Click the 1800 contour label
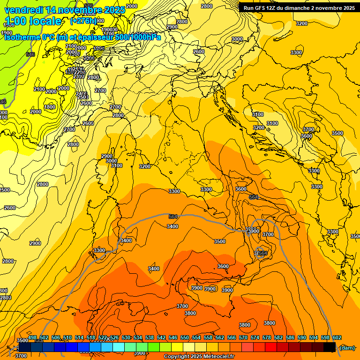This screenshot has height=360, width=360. click(x=50, y=107)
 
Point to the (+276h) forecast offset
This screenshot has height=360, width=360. click(x=83, y=21)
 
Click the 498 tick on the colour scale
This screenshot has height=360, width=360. click(x=32, y=338)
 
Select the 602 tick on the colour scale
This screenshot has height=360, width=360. click(x=337, y=338)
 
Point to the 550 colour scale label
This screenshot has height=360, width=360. click(x=184, y=338)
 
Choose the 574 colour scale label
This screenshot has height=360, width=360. click(x=255, y=338)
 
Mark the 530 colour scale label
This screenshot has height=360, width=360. click(x=126, y=338)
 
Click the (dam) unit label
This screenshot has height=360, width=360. click(x=347, y=347)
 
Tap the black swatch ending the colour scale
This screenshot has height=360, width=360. click(x=330, y=347)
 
